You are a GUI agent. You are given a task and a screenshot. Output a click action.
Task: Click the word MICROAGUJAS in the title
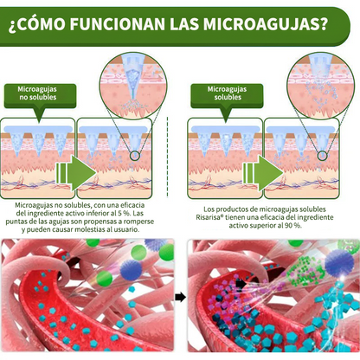[x=266, y=23]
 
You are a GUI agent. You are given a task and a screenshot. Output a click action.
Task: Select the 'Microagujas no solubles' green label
[x=40, y=96]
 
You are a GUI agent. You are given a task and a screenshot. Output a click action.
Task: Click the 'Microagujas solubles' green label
[x=227, y=96]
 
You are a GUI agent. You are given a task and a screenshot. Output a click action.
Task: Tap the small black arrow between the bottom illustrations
[x=180, y=297]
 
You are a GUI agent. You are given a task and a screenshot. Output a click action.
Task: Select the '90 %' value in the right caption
[x=293, y=226]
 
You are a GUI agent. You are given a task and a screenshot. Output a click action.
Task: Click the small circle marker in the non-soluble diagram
[x=135, y=156]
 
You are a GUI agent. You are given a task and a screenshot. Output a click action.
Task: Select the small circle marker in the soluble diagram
[x=322, y=156]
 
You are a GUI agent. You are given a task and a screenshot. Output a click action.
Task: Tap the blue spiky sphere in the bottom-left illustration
[x=131, y=270]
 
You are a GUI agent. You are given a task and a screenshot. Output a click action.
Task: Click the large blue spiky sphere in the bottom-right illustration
[x=339, y=262]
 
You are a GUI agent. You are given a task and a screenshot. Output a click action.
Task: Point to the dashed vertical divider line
[x=168, y=157]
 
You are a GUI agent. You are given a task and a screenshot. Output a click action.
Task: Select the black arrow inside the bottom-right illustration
[x=241, y=284]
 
